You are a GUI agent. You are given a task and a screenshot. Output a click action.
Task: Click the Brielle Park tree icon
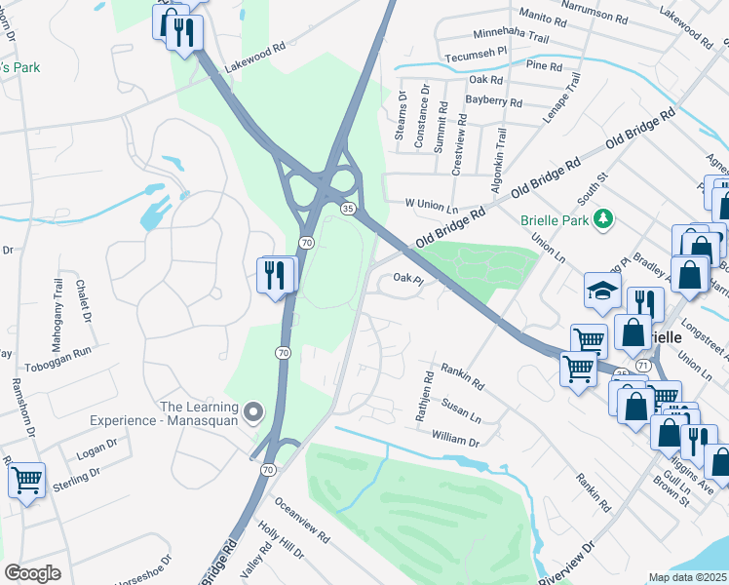[x=604, y=218]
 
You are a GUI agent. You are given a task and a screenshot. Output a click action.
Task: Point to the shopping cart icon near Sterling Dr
[x=26, y=480]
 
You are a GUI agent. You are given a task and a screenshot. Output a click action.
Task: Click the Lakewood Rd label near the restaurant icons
[x=254, y=59]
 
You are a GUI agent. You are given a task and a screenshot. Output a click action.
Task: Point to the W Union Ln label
[x=431, y=206]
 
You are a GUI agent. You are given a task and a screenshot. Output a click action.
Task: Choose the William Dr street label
[x=455, y=440]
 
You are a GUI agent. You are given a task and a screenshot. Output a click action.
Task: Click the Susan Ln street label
[x=462, y=409]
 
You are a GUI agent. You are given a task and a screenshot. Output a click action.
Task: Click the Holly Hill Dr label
[x=282, y=540]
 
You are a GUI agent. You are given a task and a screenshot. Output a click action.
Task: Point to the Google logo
[x=32, y=572]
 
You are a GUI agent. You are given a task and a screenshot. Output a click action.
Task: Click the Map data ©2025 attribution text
[x=688, y=577]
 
